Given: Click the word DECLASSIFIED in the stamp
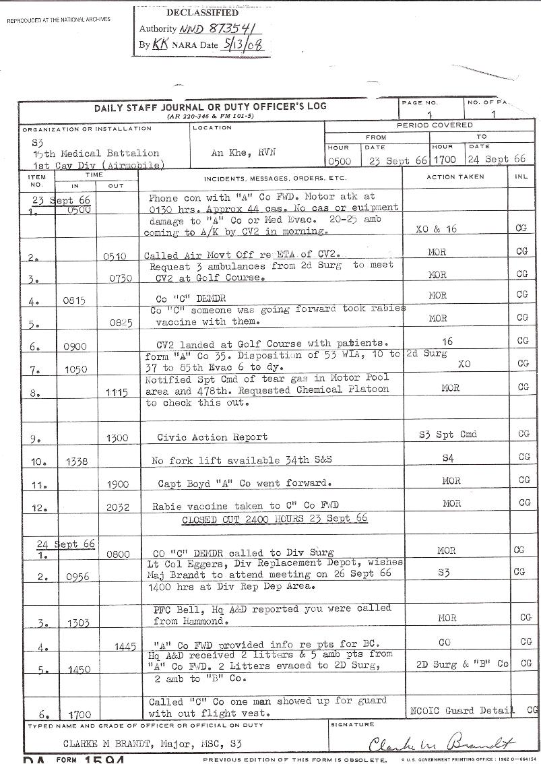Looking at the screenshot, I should click(x=202, y=13).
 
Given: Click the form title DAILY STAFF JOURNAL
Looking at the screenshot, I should click(x=210, y=106).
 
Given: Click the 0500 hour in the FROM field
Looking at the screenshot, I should click(x=340, y=161).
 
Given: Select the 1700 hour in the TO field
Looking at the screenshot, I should click(x=444, y=160).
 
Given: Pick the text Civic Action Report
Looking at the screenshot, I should click(x=212, y=437).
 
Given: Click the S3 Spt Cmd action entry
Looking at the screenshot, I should click(x=447, y=435).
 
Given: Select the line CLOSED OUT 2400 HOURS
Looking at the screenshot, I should click(x=275, y=519).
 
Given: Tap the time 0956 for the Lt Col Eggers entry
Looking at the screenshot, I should click(x=79, y=577).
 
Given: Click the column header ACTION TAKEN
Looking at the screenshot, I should click(x=455, y=177).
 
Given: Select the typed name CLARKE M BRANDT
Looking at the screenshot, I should click(x=100, y=744).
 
